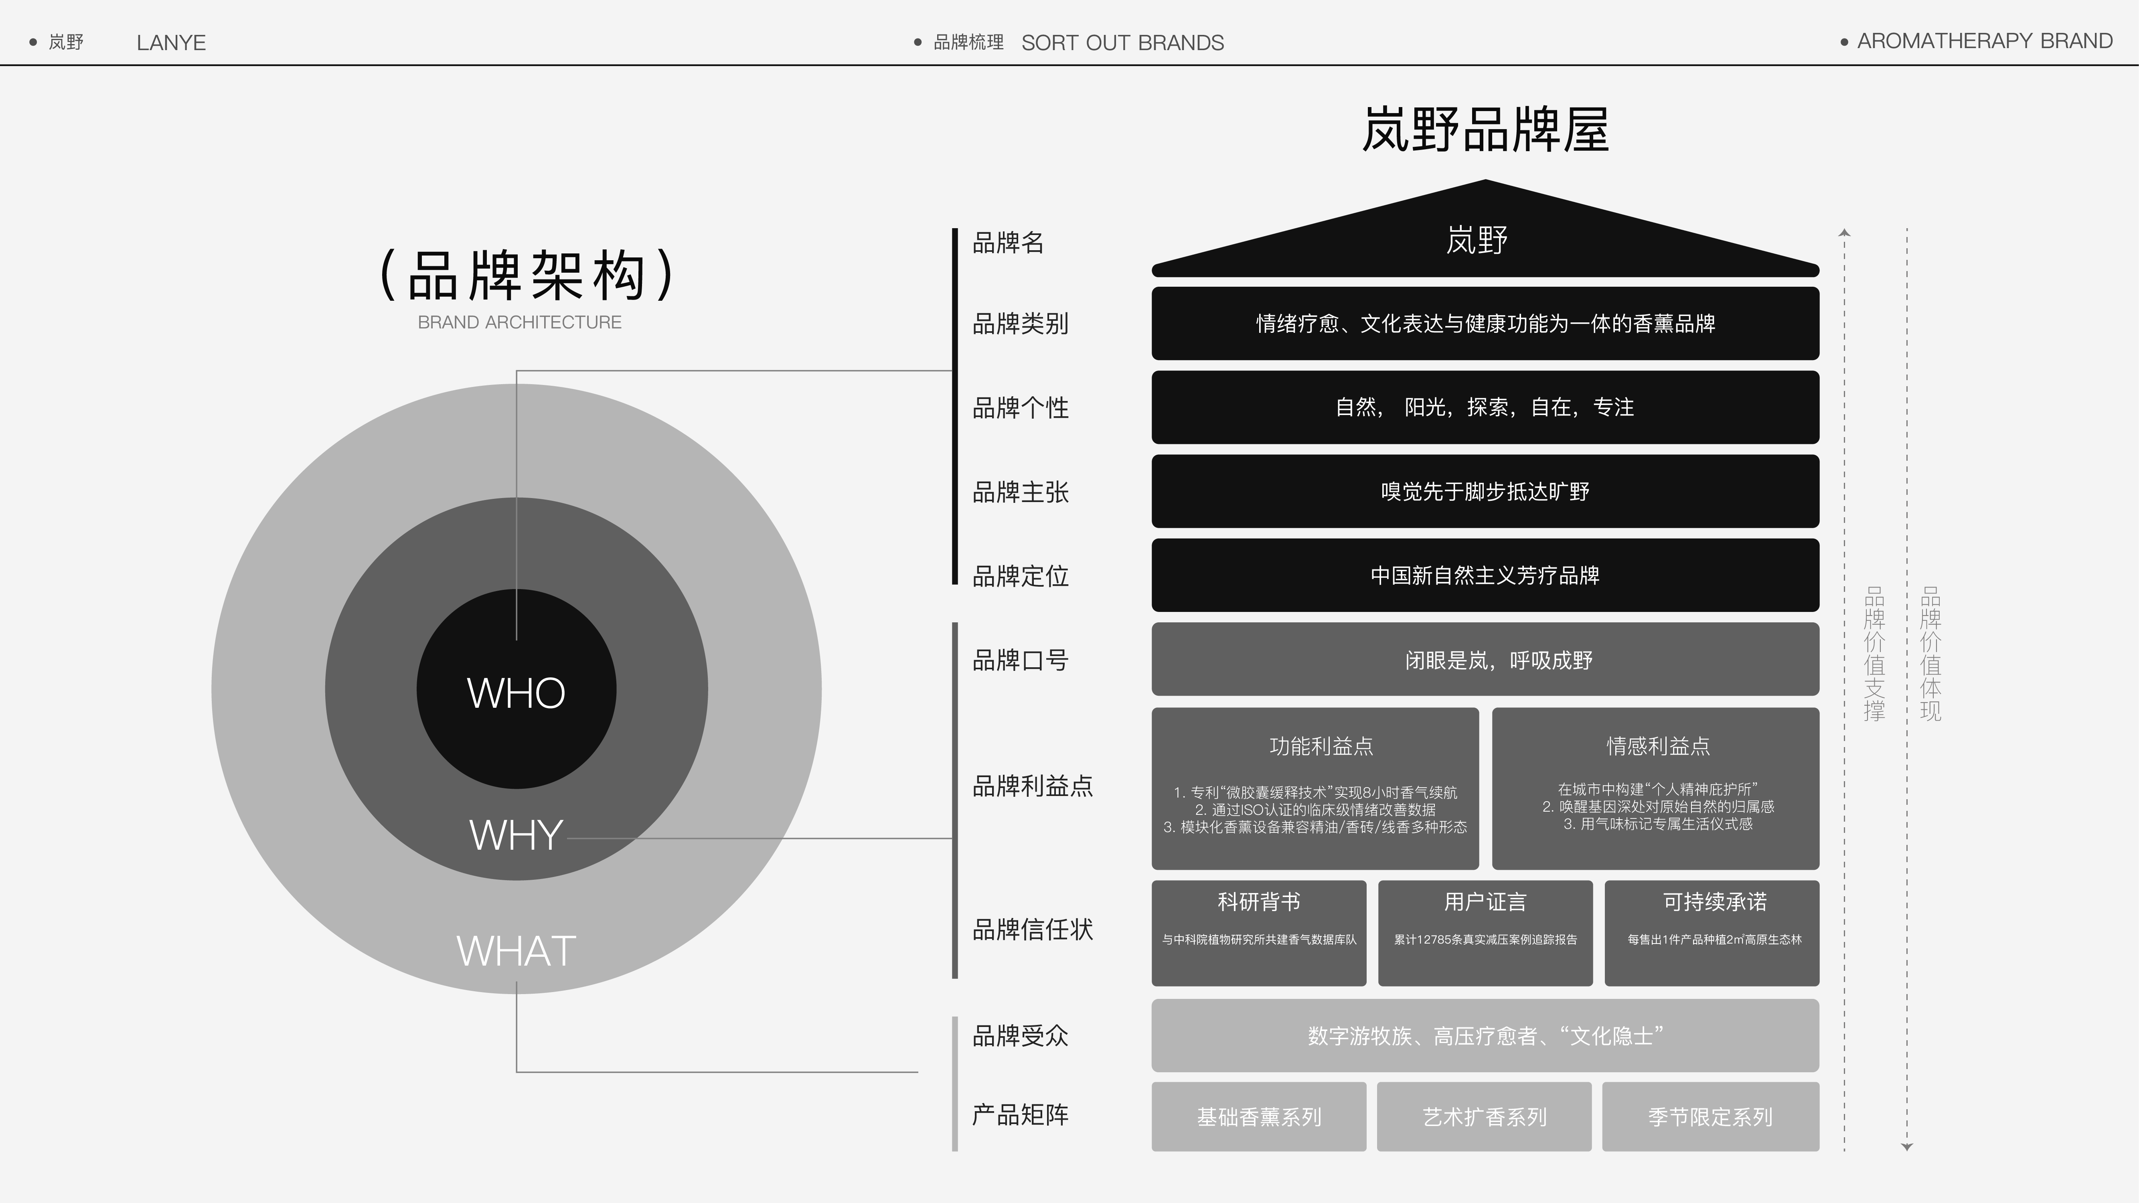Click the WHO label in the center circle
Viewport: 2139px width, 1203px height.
pos(516,693)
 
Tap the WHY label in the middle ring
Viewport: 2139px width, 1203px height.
pos(516,834)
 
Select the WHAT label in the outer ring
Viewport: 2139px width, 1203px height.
pos(516,951)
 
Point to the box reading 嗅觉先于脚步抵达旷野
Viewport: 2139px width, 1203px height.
pos(1485,492)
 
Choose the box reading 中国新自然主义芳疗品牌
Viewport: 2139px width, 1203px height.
pos(1485,575)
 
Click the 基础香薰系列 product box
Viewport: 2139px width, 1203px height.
pos(1258,1117)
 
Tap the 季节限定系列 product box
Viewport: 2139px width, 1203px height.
pos(1710,1117)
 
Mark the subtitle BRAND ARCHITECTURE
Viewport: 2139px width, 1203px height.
pos(519,322)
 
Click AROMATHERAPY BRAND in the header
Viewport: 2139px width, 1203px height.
pos(1984,42)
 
